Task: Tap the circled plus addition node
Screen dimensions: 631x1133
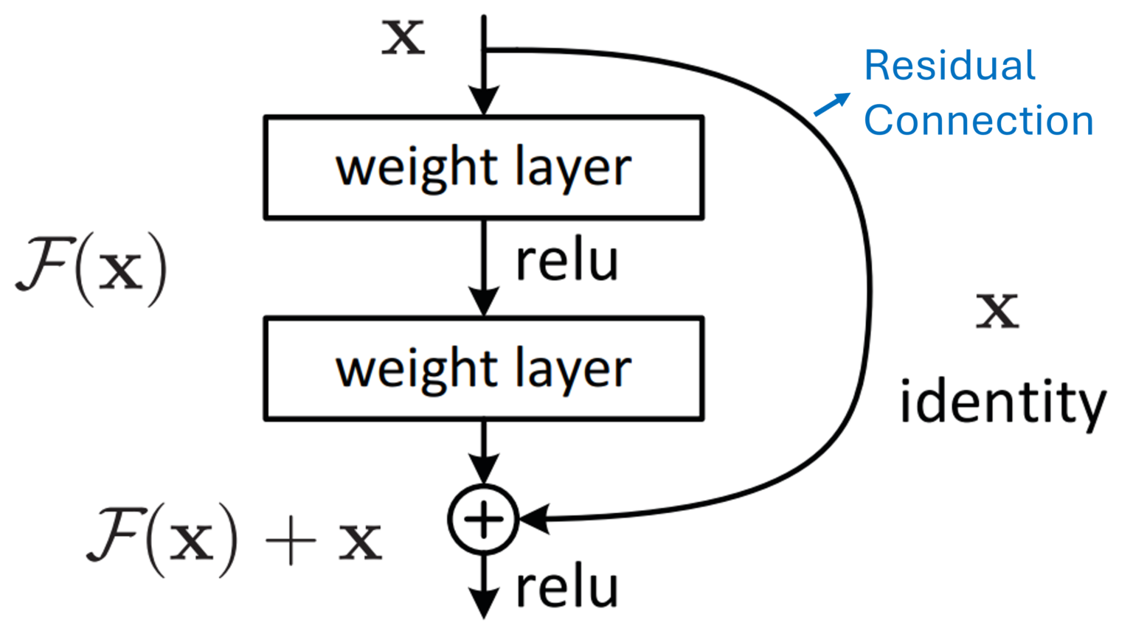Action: (x=484, y=520)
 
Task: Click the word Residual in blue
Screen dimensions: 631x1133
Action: (x=949, y=66)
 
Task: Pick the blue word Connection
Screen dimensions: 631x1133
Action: (x=978, y=120)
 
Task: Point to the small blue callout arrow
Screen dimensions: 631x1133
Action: (x=831, y=105)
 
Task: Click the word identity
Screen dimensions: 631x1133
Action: (x=1002, y=402)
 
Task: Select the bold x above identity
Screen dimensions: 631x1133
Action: (x=997, y=311)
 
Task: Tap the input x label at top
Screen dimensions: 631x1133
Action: (x=403, y=37)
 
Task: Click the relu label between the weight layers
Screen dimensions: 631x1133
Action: (x=566, y=261)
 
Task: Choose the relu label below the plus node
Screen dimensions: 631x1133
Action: (x=566, y=588)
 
